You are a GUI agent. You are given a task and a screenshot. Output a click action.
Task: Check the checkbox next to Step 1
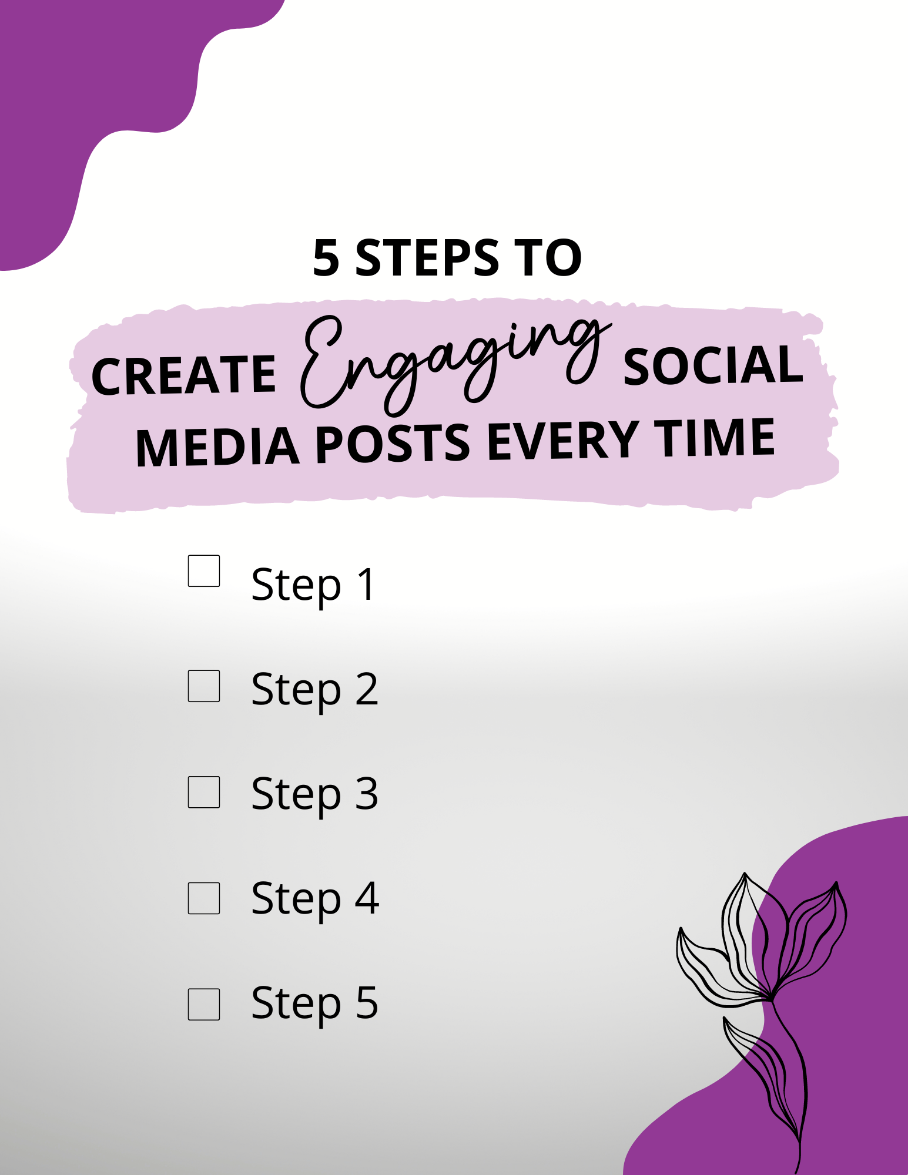204,571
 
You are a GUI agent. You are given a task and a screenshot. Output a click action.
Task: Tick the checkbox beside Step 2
204,686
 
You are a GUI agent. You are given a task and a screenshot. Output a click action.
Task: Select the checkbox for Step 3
204,792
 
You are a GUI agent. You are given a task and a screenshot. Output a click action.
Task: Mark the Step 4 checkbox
204,898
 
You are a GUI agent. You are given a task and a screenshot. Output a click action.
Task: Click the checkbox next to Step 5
204,1004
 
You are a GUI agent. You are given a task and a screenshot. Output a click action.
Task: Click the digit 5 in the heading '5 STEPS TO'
326,258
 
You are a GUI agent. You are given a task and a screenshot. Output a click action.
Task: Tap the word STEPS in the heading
427,258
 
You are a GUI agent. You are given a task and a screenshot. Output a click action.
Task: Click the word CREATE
183,375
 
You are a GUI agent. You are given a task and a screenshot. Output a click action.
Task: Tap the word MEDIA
217,446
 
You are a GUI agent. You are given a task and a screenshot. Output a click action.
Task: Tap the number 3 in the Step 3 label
366,793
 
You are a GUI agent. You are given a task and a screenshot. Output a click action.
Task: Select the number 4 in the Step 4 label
367,898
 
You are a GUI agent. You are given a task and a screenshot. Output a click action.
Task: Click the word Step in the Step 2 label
296,690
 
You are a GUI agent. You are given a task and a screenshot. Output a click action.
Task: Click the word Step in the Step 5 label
296,1003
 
